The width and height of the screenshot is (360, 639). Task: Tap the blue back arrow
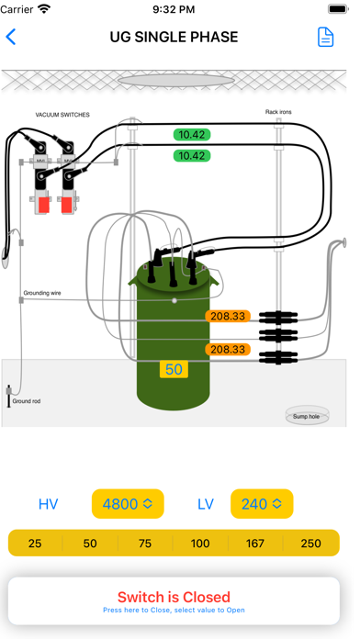pos(11,37)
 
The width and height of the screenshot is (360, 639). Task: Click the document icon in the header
pos(326,37)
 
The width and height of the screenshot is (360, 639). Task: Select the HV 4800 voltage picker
pos(128,504)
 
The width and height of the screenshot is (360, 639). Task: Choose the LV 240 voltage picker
pos(262,504)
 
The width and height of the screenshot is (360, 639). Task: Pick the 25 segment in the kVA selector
pos(35,544)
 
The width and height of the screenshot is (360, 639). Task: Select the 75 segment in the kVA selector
pos(145,544)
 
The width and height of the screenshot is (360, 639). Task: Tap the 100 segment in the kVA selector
pos(200,544)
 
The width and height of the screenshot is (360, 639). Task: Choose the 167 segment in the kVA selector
pos(255,544)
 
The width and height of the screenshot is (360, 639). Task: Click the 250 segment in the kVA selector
pos(311,544)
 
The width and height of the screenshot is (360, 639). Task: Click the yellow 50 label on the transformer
pos(174,369)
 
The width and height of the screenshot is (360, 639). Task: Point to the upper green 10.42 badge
pos(192,135)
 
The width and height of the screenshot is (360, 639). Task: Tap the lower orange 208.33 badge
pos(228,349)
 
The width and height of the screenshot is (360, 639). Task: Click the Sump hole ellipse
pos(307,416)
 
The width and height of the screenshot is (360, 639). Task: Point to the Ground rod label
pos(27,401)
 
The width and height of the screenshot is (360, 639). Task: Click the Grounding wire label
pos(42,293)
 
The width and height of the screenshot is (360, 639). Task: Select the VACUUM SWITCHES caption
pos(62,115)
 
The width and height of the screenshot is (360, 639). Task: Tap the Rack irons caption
pos(278,112)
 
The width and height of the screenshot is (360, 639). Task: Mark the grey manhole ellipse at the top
pos(176,80)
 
